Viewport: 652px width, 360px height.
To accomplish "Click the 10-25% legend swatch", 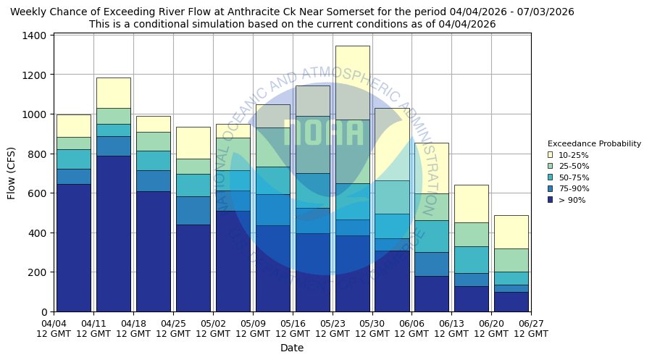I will tap(551, 155).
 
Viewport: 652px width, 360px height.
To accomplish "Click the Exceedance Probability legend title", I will tap(594, 143).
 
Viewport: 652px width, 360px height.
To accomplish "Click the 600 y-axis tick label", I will tap(40, 193).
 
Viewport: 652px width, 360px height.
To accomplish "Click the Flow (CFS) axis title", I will tap(12, 173).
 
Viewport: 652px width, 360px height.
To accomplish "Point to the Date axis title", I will tap(292, 348).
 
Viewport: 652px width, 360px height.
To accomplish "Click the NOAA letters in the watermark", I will tap(323, 133).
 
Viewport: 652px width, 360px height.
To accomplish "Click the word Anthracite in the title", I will tap(268, 12).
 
